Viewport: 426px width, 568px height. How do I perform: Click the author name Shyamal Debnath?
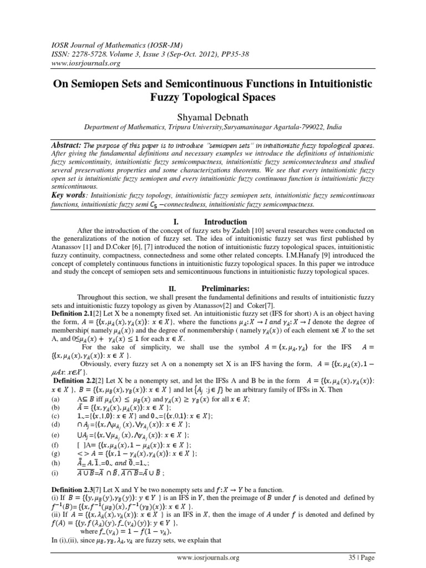pyautogui.click(x=213, y=116)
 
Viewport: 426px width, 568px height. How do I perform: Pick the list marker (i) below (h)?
pyautogui.click(x=54, y=474)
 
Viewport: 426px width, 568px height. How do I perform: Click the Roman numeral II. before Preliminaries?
pyautogui.click(x=173, y=288)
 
